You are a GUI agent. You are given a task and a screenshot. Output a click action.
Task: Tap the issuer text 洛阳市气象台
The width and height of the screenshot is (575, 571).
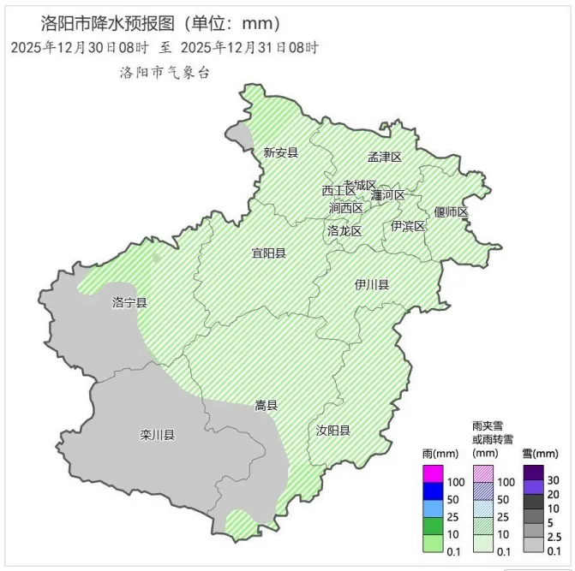(165, 73)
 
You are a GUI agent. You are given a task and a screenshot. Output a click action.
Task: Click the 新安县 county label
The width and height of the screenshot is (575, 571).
(280, 153)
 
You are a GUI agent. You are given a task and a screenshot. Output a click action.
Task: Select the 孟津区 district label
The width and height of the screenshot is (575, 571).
(385, 157)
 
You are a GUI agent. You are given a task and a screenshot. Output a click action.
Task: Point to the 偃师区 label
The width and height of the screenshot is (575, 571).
(451, 212)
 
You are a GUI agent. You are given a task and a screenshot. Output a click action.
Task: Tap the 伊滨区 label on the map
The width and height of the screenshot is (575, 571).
(408, 226)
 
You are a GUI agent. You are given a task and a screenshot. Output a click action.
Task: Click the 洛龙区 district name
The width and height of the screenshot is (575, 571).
(344, 231)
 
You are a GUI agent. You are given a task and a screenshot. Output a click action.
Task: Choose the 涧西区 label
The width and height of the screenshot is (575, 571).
(346, 208)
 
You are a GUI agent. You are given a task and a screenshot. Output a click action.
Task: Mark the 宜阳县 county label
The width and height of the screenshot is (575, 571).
(268, 253)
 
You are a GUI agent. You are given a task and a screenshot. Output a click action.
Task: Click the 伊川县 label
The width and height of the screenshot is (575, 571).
(372, 284)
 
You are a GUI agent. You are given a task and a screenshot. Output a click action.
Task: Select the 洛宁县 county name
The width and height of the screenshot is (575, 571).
(129, 303)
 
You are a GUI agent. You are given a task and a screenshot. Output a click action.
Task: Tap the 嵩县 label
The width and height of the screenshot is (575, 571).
(266, 406)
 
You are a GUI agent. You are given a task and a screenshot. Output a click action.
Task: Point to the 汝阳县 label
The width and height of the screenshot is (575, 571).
(332, 430)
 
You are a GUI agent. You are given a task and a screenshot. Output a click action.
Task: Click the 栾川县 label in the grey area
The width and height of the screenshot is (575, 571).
(157, 435)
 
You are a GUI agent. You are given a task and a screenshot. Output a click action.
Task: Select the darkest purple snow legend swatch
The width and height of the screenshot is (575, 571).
(534, 472)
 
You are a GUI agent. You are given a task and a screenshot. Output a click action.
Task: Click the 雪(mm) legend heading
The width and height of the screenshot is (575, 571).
(541, 453)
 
